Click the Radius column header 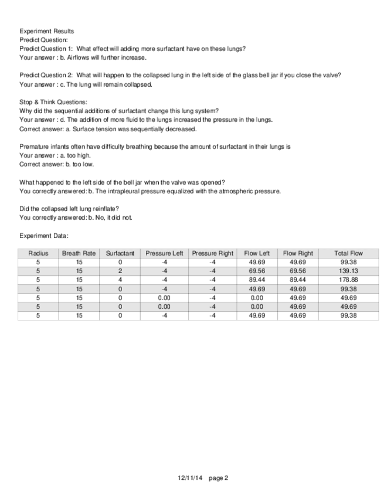pos(38,253)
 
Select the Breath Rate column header pos(79,253)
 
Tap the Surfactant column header pos(120,253)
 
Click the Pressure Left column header pos(164,253)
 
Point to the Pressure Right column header pos(212,253)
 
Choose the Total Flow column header pos(348,253)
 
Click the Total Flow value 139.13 pos(348,271)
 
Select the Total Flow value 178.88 pos(348,280)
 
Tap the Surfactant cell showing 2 pos(120,271)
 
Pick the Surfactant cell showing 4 pos(120,280)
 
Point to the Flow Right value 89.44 pos(298,280)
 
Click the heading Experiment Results pos(47,30)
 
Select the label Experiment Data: pos(44,236)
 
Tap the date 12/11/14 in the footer pos(189,478)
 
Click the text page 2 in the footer pos(218,478)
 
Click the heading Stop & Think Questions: pos(53,102)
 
